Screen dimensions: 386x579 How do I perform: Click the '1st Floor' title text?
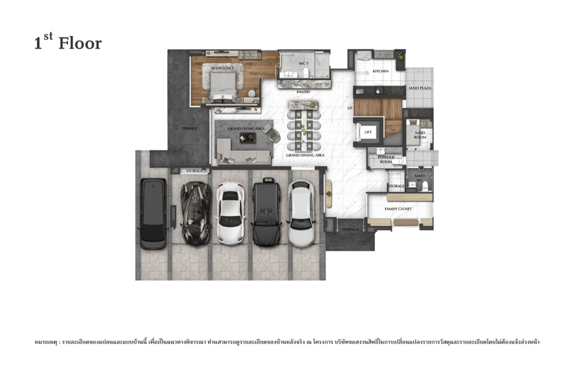[x=68, y=42]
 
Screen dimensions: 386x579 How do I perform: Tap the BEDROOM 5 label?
[x=222, y=68]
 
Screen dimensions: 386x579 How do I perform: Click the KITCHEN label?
[x=381, y=71]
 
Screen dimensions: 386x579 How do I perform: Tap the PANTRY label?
[x=303, y=92]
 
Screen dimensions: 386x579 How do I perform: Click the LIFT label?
[x=368, y=132]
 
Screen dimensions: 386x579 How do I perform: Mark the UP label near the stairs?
[x=349, y=107]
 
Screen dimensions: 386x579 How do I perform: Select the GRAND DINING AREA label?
[x=305, y=154]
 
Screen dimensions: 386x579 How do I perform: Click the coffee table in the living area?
[x=247, y=138]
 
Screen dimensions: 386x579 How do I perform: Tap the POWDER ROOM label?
[x=386, y=159]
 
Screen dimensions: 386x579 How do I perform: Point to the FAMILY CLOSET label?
[x=398, y=209]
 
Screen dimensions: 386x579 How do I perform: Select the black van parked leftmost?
[x=153, y=214]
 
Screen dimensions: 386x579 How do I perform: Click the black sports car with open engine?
[x=196, y=213]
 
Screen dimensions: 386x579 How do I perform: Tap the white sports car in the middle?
[x=230, y=213]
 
